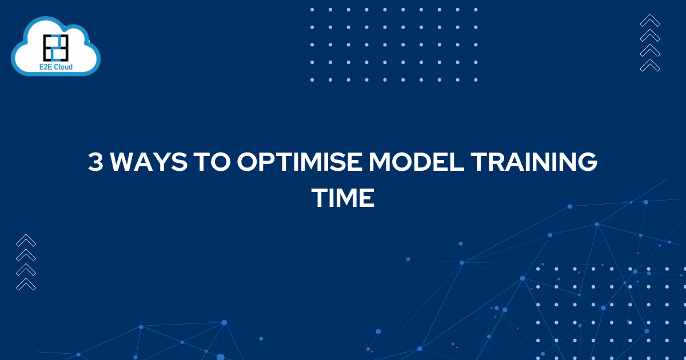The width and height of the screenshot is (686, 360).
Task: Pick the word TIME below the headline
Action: tap(342, 198)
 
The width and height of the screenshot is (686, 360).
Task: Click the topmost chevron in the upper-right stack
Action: tap(650, 21)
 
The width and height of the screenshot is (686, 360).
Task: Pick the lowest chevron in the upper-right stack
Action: tap(650, 65)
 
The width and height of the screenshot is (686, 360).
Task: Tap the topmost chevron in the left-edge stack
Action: tap(26, 241)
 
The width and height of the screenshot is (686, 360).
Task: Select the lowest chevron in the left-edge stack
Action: tap(26, 284)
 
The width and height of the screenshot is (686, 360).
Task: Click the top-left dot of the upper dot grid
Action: tap(312, 10)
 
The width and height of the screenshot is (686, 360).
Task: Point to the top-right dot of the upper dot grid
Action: tap(476, 10)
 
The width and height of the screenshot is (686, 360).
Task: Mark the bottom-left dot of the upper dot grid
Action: tap(312, 80)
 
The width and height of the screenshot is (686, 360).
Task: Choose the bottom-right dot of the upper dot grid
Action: tap(476, 80)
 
